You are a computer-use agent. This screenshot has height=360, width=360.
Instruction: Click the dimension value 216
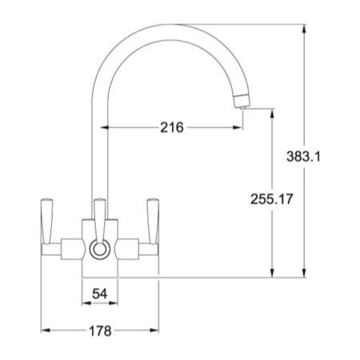(x=172, y=127)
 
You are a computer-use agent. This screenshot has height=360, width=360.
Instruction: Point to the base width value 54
(x=100, y=294)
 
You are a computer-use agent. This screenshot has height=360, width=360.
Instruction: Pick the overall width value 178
(x=98, y=330)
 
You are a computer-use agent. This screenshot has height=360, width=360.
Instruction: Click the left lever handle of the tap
(x=48, y=223)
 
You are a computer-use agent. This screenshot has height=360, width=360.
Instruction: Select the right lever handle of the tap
(x=152, y=223)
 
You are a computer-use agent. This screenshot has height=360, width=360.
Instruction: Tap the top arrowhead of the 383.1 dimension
(x=305, y=30)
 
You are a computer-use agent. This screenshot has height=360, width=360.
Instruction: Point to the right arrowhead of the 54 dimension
(x=114, y=305)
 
